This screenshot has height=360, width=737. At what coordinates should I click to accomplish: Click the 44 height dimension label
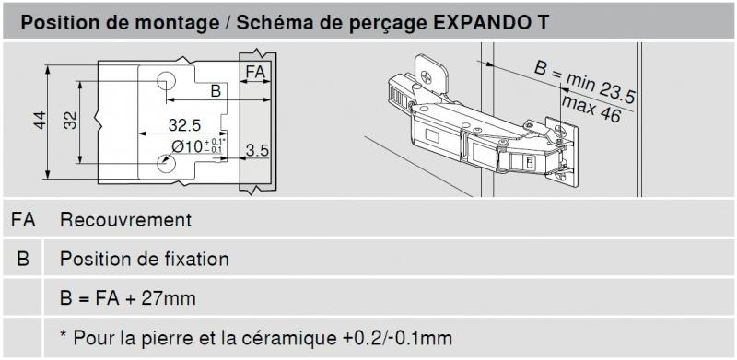(x=40, y=121)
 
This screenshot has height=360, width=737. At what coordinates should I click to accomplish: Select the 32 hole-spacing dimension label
(x=70, y=121)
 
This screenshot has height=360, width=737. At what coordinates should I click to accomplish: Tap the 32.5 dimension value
(x=185, y=125)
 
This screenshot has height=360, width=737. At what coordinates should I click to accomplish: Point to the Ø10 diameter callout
(x=198, y=146)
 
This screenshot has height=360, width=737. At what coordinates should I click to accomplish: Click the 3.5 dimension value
(x=257, y=150)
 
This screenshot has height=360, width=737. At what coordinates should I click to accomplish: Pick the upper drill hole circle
(x=166, y=81)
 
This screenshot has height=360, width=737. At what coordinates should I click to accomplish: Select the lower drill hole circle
(x=166, y=164)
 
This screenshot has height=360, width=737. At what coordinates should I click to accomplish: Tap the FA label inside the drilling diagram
(x=256, y=73)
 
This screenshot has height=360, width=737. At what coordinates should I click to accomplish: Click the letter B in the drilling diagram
(x=216, y=91)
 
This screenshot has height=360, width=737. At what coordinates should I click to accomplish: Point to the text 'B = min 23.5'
(x=585, y=83)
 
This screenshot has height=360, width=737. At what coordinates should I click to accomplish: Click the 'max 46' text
(x=591, y=109)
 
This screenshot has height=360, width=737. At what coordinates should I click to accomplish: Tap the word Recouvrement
(x=126, y=220)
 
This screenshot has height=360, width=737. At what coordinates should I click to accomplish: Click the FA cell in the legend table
(x=23, y=220)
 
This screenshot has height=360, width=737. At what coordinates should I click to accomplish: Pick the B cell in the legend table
(x=22, y=259)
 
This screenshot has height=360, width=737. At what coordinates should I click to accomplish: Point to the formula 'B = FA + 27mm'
(x=128, y=299)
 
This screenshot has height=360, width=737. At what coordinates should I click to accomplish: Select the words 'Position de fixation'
(x=145, y=259)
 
